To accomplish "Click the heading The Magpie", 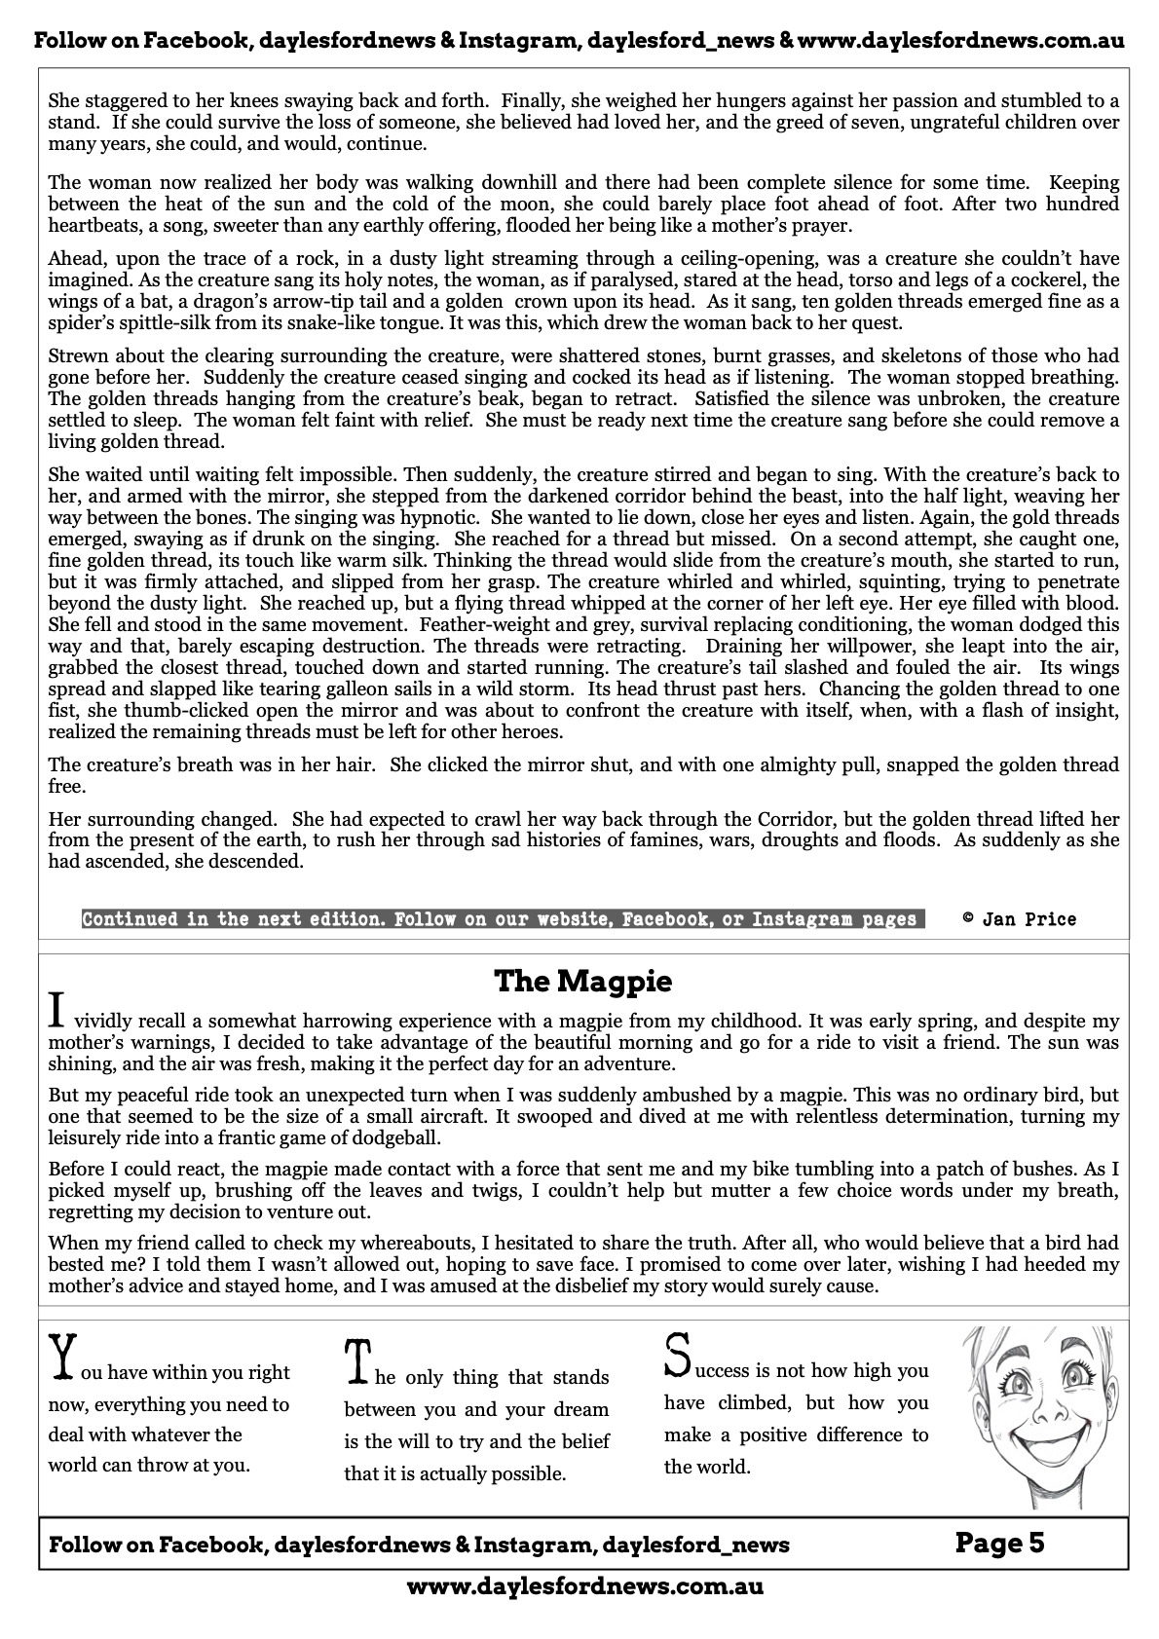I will click(x=582, y=981).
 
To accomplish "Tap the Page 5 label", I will click(x=999, y=1543).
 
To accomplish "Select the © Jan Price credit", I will click(x=1019, y=918).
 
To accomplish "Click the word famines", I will click(x=692, y=839).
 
